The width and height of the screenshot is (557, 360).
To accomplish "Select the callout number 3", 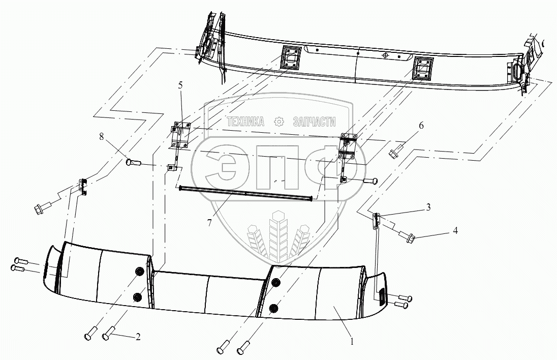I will click(429, 207).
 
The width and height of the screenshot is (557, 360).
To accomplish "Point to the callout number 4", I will click(455, 230).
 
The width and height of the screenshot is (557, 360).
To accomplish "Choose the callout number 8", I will click(102, 136).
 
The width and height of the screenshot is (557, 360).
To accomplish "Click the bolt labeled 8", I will click(133, 163).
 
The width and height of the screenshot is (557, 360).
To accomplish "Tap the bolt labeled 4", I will click(408, 235).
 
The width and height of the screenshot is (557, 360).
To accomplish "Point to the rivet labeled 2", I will click(108, 336).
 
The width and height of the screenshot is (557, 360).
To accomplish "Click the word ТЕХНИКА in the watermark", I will click(245, 122).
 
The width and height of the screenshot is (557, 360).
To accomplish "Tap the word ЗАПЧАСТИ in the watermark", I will click(315, 122).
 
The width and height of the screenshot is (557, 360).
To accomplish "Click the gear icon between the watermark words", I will click(278, 122).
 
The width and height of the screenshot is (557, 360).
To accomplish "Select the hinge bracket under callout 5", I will click(180, 135).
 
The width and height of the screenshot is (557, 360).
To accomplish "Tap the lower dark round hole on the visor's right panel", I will click(274, 308).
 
